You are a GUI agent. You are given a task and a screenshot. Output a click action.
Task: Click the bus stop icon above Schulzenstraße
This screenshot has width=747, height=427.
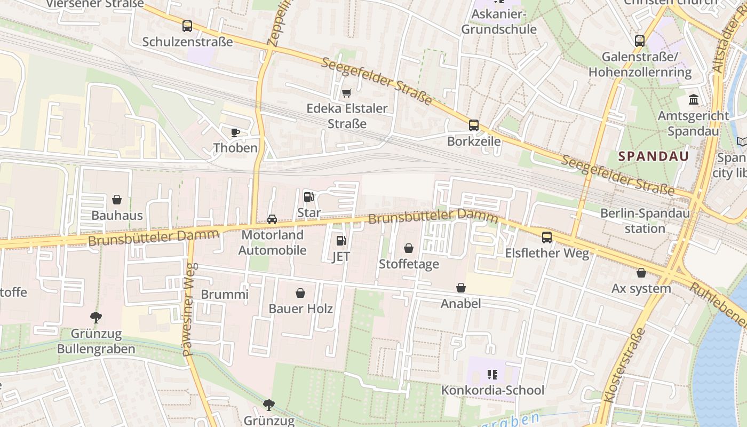coord(187,26)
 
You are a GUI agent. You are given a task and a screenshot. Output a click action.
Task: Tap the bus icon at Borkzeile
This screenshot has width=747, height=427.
coord(473,125)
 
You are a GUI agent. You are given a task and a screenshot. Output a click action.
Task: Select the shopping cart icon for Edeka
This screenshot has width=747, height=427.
coord(346,93)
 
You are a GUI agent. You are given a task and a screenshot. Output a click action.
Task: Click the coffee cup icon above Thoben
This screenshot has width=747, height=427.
coord(235,132)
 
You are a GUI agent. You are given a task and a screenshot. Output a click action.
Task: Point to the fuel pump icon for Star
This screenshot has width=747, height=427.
coord(308,197)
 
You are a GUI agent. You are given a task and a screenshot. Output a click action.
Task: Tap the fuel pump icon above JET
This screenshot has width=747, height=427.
coord(341,241)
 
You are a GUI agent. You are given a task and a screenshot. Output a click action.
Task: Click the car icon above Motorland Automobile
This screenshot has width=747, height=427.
coord(272,219)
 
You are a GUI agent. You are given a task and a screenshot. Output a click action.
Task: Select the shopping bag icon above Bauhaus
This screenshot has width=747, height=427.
coord(117,200)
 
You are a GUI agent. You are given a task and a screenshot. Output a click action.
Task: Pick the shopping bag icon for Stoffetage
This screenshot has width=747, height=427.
coord(409,248)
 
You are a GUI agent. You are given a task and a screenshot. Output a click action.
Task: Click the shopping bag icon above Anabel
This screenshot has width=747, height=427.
coord(461,288)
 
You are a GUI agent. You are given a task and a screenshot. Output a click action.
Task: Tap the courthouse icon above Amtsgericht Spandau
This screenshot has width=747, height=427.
coord(694,100)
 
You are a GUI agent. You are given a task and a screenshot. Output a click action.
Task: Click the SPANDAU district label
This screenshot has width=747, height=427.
coord(654,156)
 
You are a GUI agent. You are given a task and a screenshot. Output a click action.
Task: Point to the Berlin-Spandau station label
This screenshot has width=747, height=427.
coord(645,221)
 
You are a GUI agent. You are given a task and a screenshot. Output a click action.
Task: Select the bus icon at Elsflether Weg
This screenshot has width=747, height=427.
coord(547,238)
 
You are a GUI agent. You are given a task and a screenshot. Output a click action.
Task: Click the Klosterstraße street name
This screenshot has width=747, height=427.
coord(625,366)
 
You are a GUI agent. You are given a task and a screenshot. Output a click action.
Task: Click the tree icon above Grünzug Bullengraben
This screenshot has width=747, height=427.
coord(96,318)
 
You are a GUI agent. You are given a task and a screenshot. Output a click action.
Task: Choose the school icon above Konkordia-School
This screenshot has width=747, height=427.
coord(492,375)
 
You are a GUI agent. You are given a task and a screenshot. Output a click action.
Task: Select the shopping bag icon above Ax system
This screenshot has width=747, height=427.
coord(641,273)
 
